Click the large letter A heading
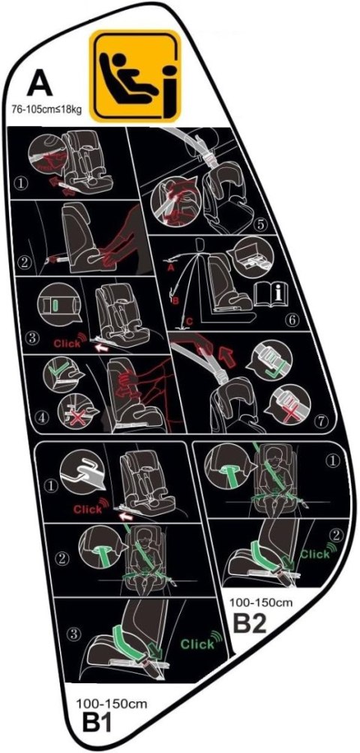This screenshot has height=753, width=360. click(x=40, y=85)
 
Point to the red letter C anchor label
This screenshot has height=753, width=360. click(x=190, y=321)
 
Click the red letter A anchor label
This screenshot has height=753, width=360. click(x=169, y=269)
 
